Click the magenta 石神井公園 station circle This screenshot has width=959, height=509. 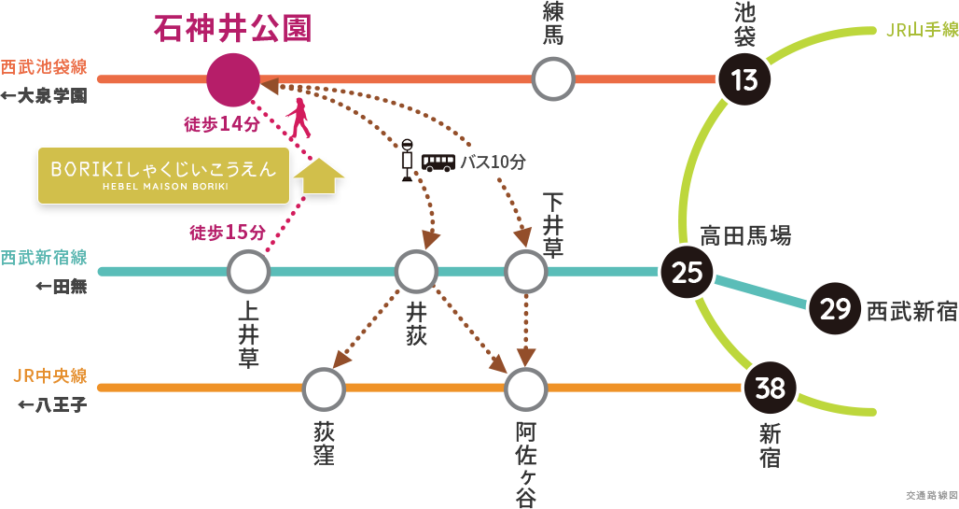pyautogui.click(x=233, y=80)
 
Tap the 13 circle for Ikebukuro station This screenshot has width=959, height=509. pyautogui.click(x=744, y=80)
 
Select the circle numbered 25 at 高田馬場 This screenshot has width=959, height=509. pyautogui.click(x=687, y=272)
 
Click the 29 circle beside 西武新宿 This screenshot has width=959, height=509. pyautogui.click(x=835, y=307)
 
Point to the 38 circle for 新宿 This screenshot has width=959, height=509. pyautogui.click(x=771, y=387)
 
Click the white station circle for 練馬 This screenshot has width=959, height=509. pyautogui.click(x=553, y=79)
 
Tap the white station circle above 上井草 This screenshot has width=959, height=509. pyautogui.click(x=248, y=272)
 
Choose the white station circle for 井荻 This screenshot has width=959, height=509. pyautogui.click(x=416, y=272)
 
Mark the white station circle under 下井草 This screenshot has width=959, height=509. pyautogui.click(x=525, y=272)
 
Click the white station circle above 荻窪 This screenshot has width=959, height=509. pyautogui.click(x=324, y=388)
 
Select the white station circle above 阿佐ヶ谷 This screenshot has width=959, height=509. pyautogui.click(x=525, y=388)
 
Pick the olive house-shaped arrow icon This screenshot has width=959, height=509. pyautogui.click(x=318, y=175)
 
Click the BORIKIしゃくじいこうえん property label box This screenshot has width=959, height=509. pyautogui.click(x=163, y=175)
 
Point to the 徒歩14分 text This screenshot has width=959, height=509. pyautogui.click(x=221, y=123)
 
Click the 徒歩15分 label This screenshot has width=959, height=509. pyautogui.click(x=228, y=233)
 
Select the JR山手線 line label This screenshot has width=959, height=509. pyautogui.click(x=921, y=31)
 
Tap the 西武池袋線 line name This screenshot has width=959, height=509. pyautogui.click(x=44, y=67)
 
